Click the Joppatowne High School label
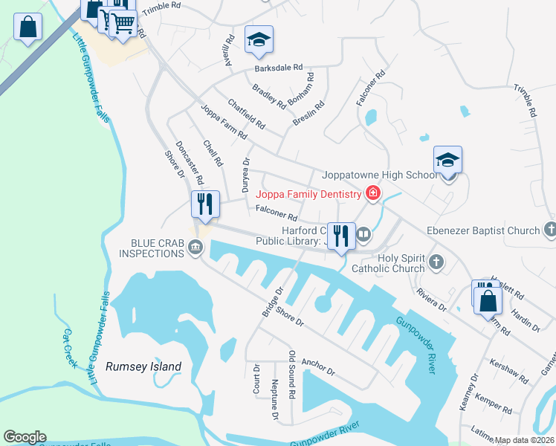379,175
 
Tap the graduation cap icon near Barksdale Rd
259,39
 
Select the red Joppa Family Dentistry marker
372,195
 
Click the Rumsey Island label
143,366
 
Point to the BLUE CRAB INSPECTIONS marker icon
195,249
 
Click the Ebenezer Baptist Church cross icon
549,230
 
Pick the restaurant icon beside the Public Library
341,236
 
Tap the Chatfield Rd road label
246,113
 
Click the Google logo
25,437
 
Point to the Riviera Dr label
431,300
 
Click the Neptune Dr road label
275,400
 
